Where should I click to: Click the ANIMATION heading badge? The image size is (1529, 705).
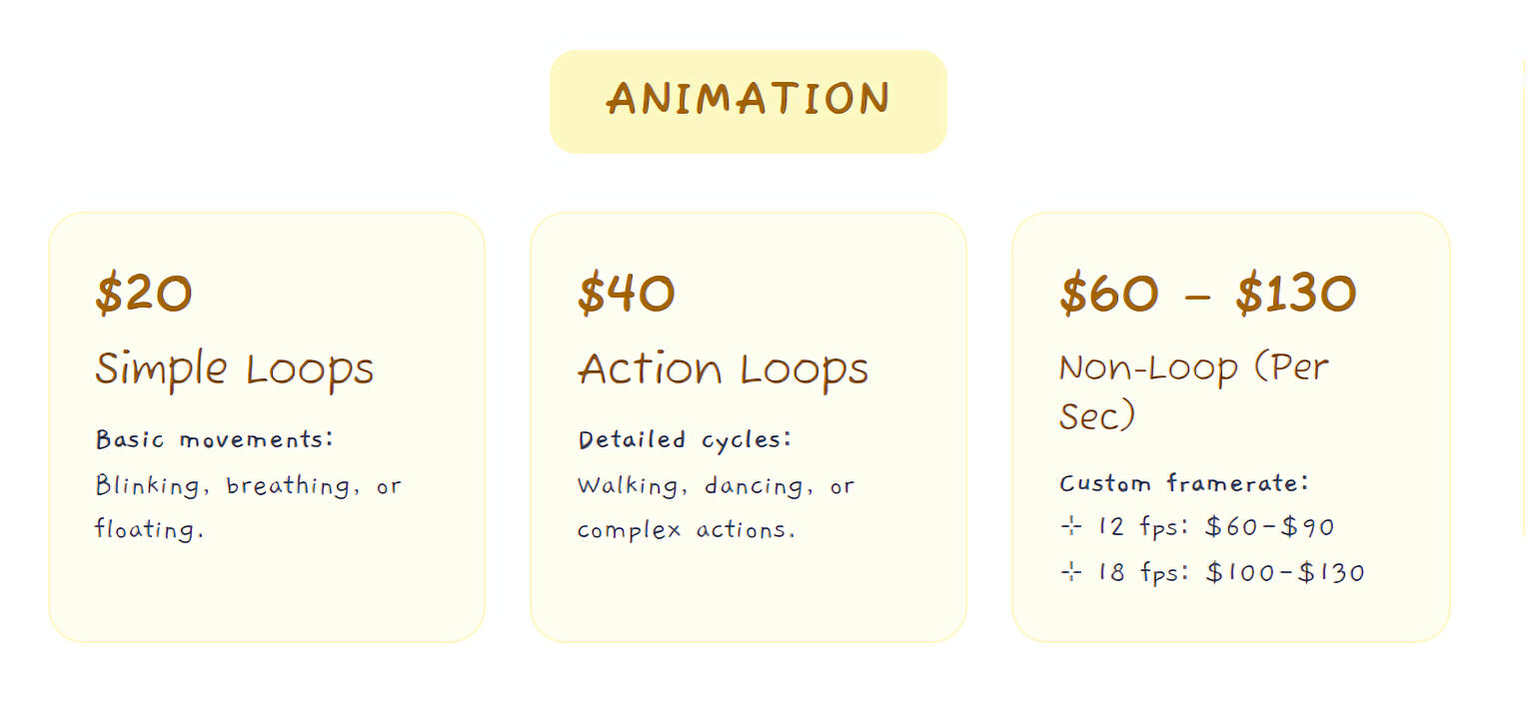tap(749, 102)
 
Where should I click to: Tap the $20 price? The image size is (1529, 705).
tap(144, 294)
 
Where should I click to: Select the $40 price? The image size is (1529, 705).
tap(626, 294)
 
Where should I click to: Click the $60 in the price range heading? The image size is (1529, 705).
tap(1109, 294)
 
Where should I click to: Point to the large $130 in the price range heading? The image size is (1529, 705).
tap(1295, 294)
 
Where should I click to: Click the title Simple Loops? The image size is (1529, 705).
tap(234, 370)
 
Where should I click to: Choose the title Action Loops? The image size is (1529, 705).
tap(723, 370)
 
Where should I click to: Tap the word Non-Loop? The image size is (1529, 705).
tap(1148, 368)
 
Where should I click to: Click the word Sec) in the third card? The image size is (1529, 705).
tap(1097, 415)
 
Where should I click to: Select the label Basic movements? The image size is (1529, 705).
tap(214, 439)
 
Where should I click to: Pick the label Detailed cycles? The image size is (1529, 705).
tap(685, 440)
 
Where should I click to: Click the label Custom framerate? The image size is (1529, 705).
tap(1183, 482)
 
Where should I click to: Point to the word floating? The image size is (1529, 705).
tap(149, 529)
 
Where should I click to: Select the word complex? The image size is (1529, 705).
tap(629, 530)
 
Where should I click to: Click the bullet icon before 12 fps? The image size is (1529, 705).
tap(1071, 526)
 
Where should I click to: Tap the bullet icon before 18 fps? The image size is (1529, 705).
tap(1071, 571)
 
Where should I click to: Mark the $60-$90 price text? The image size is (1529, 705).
tap(1269, 526)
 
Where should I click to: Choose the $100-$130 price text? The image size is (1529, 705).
tap(1285, 572)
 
